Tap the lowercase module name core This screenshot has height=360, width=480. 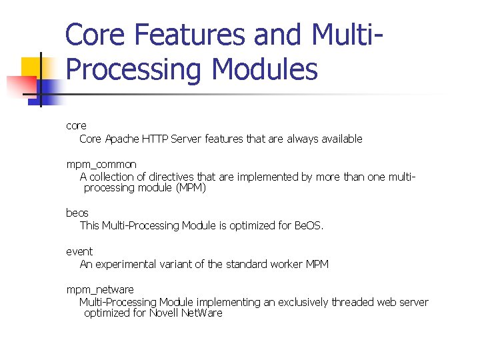(76, 125)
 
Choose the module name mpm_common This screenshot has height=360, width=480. (101, 164)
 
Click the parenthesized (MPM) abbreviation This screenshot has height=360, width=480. (191, 188)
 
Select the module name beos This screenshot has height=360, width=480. (77, 213)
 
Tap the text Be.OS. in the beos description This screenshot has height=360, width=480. (309, 225)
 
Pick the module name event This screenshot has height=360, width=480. (79, 251)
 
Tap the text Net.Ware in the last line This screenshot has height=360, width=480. (203, 313)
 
